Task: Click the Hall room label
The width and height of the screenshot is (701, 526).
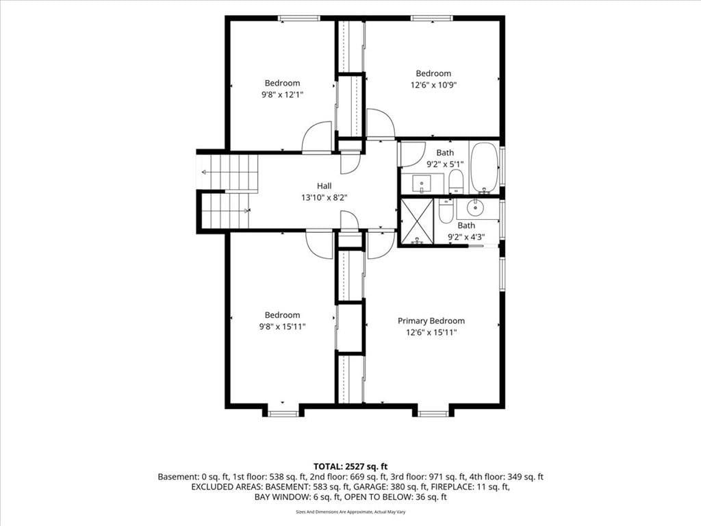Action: pos(324,186)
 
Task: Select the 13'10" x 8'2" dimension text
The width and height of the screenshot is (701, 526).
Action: pos(324,197)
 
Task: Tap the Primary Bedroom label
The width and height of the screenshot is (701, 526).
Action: pos(431,321)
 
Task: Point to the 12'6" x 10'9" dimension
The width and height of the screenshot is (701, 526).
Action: pos(433,85)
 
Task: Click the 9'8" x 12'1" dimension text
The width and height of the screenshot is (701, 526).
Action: pos(282,95)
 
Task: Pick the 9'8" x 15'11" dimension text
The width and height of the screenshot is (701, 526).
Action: pos(282,327)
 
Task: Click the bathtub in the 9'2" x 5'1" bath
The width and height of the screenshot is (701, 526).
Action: pos(484,167)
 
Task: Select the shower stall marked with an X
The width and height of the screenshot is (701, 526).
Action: pos(417,222)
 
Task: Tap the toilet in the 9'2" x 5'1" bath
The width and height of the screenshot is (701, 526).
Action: pos(455,181)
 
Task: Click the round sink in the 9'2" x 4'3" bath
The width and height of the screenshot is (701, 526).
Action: pos(476,208)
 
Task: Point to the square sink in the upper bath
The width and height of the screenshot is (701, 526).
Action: pos(422,183)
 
